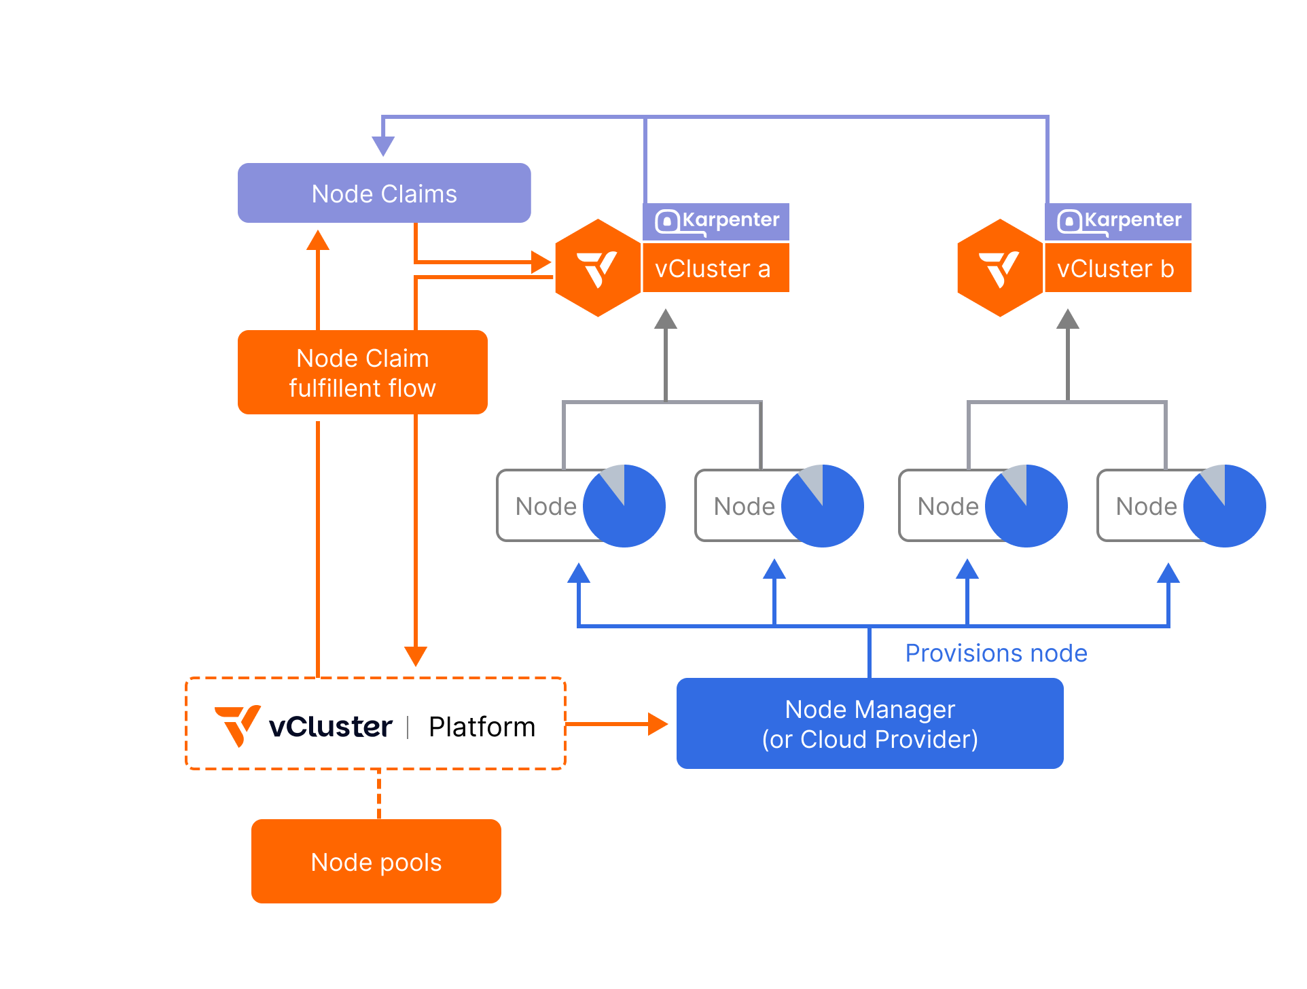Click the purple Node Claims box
pyautogui.click(x=384, y=194)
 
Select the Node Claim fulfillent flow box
pyautogui.click(x=362, y=373)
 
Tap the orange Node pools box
pyautogui.click(x=376, y=861)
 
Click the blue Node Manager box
pyautogui.click(x=870, y=723)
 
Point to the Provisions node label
pyautogui.click(x=996, y=653)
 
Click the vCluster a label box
pyautogui.click(x=715, y=268)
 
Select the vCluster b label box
pyautogui.click(x=1117, y=268)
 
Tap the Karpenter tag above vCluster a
pyautogui.click(x=717, y=221)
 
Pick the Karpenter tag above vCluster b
pyautogui.click(x=1119, y=221)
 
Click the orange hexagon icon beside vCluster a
pyautogui.click(x=598, y=268)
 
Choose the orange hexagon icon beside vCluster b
pyautogui.click(x=1000, y=268)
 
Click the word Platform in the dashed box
pyautogui.click(x=482, y=727)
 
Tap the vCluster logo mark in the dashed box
pyautogui.click(x=238, y=725)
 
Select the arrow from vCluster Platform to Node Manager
pyautogui.click(x=618, y=724)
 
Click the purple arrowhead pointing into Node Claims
pyautogui.click(x=383, y=145)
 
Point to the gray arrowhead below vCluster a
pyautogui.click(x=666, y=319)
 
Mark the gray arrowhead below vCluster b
pyautogui.click(x=1068, y=319)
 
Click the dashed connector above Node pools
pyautogui.click(x=379, y=794)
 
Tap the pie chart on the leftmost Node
pyautogui.click(x=624, y=506)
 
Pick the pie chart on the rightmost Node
pyautogui.click(x=1225, y=506)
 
